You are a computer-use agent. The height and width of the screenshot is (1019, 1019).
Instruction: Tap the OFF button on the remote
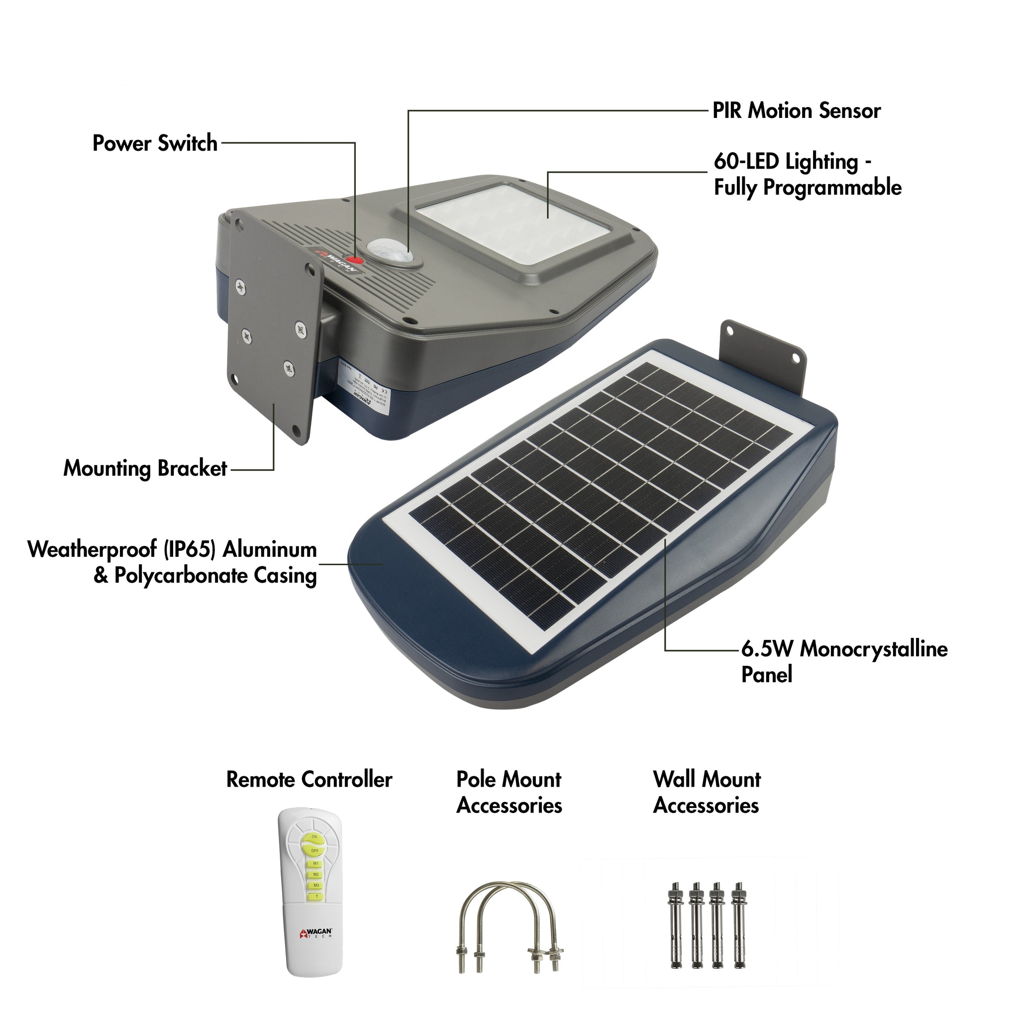314,851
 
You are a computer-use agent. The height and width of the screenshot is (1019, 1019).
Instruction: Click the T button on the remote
316,896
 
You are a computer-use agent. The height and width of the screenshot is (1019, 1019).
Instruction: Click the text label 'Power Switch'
155,143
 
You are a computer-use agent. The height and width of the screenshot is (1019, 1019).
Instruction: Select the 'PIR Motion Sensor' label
796,111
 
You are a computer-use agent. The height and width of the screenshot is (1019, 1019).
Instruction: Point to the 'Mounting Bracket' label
145,468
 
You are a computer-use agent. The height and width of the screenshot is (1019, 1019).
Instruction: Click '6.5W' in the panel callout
766,649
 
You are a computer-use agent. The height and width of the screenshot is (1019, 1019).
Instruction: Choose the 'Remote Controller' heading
309,780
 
